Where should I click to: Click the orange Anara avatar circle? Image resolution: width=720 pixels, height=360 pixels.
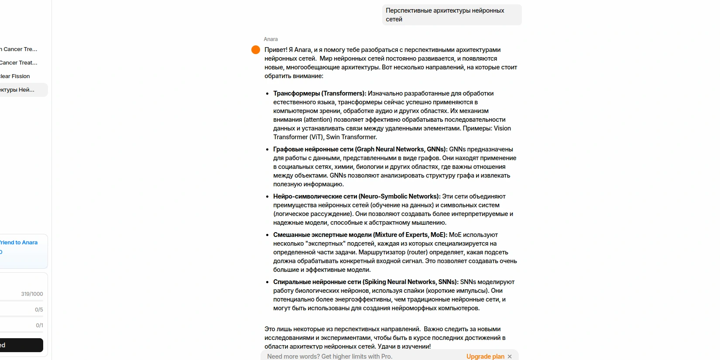[x=256, y=50]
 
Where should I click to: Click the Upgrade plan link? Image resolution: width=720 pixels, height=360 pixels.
[x=485, y=357]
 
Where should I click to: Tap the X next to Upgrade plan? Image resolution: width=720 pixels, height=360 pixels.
[x=510, y=357]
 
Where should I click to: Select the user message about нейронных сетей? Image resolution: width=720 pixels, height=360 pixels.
[x=451, y=15]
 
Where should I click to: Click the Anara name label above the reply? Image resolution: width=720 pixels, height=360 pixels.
[x=271, y=39]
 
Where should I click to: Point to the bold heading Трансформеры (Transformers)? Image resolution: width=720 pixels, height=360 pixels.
[x=319, y=93]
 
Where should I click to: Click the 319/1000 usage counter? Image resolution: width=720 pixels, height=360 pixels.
[x=32, y=294]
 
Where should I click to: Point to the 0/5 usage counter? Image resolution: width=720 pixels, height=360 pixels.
[x=39, y=310]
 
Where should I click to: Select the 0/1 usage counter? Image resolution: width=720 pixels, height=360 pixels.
[x=39, y=326]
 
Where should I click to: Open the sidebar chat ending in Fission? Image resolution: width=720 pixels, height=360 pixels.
[x=15, y=76]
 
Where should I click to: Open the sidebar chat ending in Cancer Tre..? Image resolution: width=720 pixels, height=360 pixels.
[x=19, y=49]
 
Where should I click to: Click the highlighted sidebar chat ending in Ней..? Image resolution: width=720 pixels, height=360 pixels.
[x=17, y=90]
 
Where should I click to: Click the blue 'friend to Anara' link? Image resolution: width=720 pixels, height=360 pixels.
[x=19, y=243]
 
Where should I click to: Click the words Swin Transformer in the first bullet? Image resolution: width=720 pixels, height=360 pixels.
[x=351, y=137]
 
